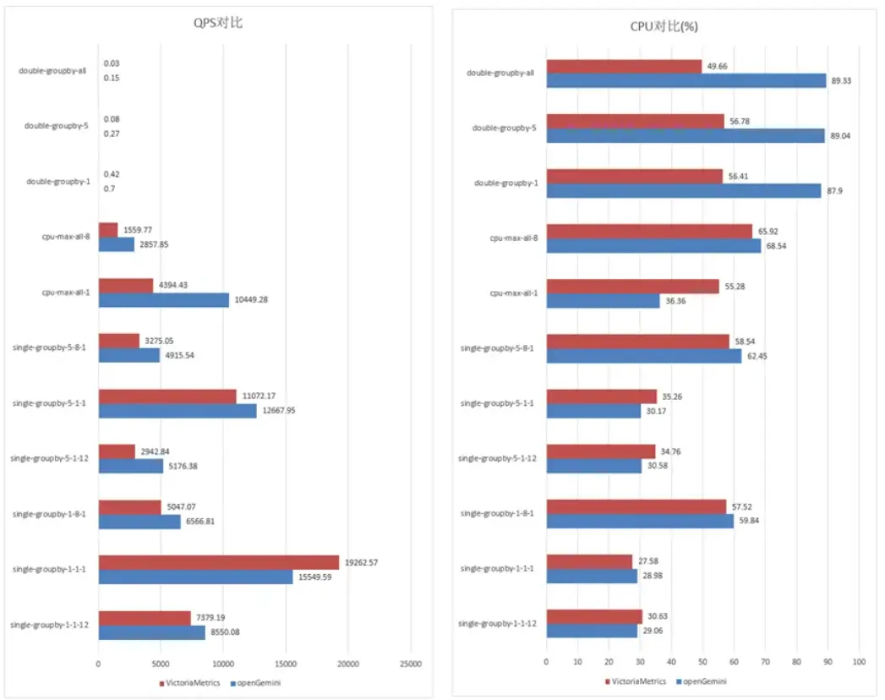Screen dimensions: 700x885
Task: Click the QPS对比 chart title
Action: (x=218, y=25)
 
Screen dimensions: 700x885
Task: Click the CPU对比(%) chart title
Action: (x=664, y=26)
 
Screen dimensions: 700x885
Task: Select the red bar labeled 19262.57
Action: (x=219, y=562)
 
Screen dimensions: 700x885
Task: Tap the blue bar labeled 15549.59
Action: (x=195, y=577)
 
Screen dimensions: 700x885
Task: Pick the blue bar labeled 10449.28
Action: (x=163, y=300)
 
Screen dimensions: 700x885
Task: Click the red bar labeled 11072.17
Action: (x=167, y=396)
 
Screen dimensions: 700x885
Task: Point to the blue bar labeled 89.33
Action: (x=686, y=80)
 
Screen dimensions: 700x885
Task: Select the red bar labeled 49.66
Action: (x=624, y=66)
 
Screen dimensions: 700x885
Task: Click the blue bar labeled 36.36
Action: (x=603, y=300)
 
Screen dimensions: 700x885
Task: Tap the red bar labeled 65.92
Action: (x=649, y=231)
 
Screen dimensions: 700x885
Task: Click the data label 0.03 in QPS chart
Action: (x=112, y=63)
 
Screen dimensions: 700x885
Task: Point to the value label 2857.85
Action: (x=157, y=244)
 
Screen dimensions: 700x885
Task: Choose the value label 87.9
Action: (x=836, y=190)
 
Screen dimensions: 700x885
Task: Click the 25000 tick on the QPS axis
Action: (x=410, y=664)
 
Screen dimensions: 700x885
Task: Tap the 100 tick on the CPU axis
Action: (x=859, y=662)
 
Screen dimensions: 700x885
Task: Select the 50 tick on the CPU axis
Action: (x=702, y=662)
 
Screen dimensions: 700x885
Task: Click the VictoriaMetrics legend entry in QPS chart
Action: (x=188, y=682)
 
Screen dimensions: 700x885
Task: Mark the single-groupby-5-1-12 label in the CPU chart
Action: (x=497, y=459)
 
